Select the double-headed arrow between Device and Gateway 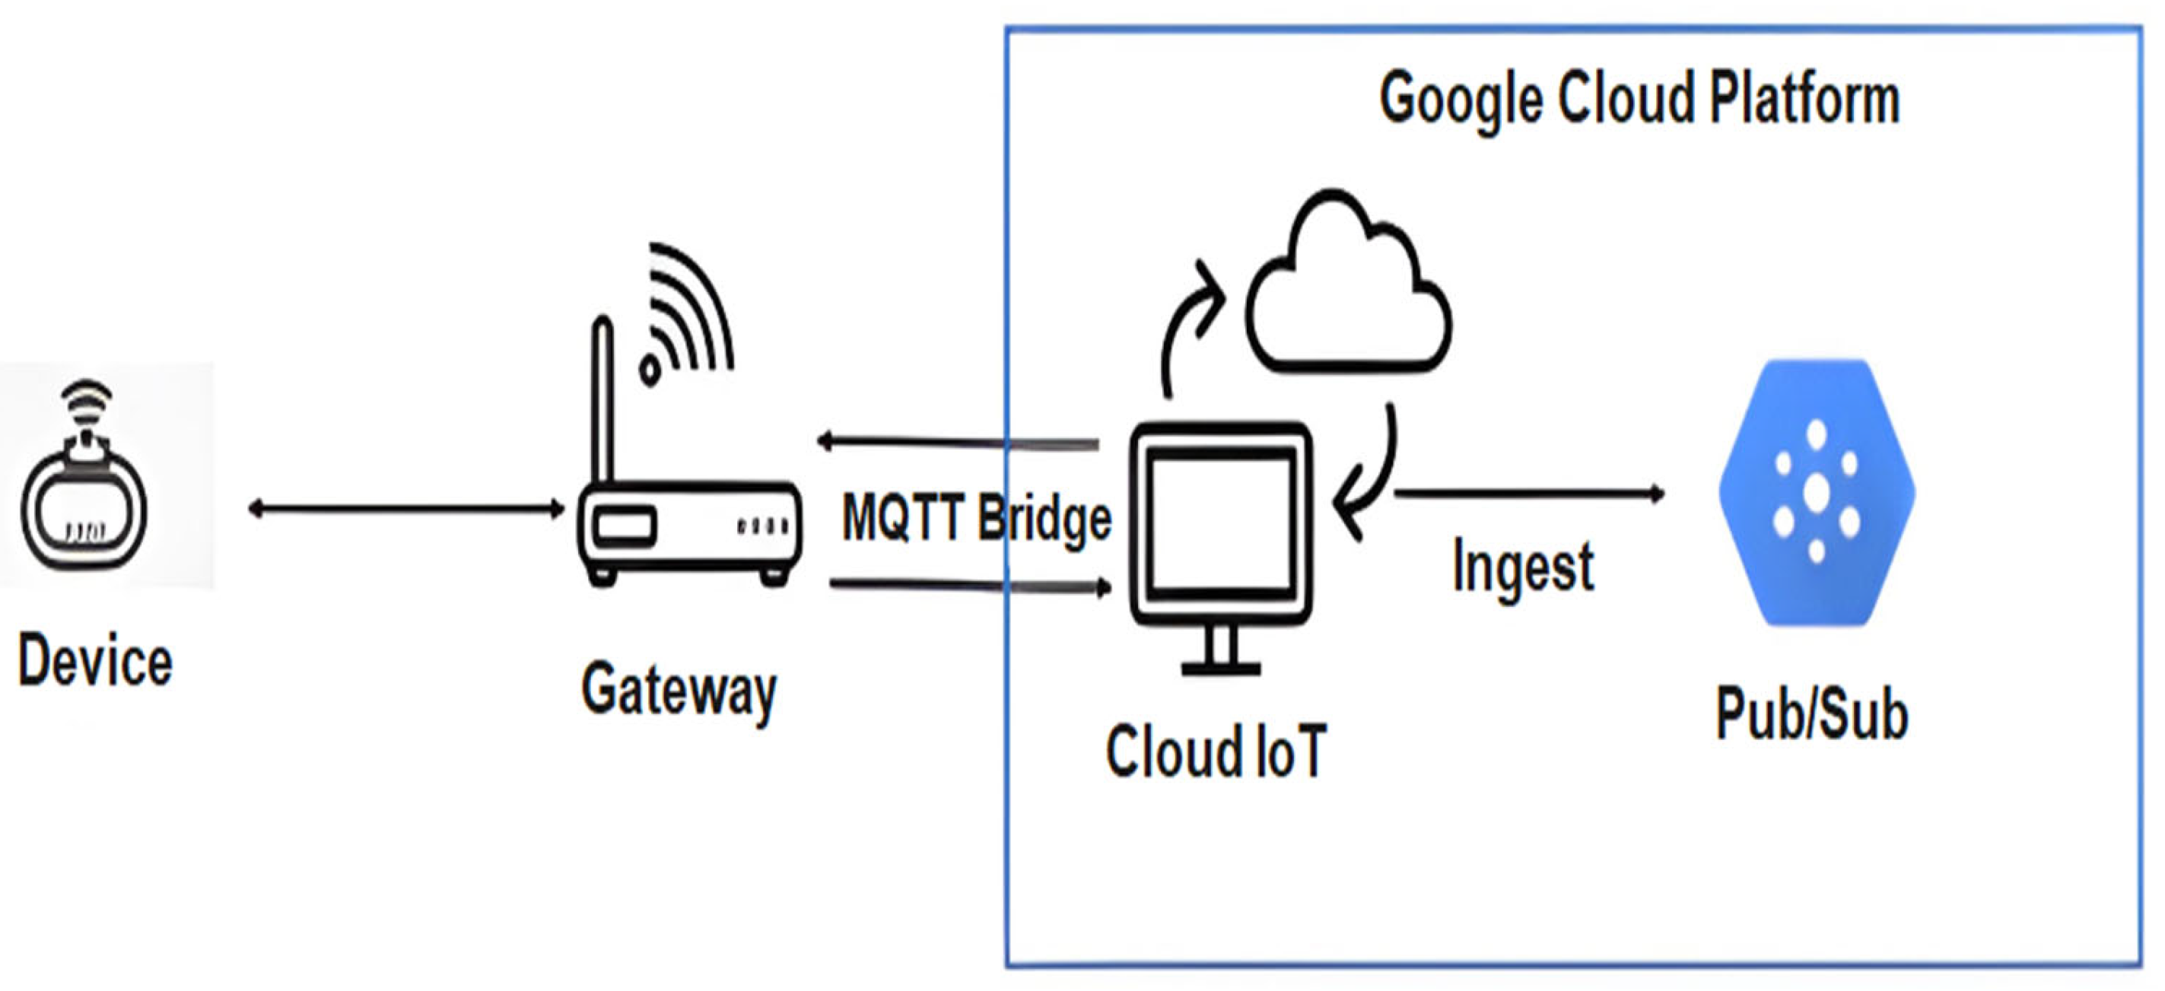coord(406,509)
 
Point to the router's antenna coord(602,395)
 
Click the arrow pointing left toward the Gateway coord(958,441)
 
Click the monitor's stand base coord(1220,669)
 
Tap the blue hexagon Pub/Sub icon coord(1817,494)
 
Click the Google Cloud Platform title coord(1639,99)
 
